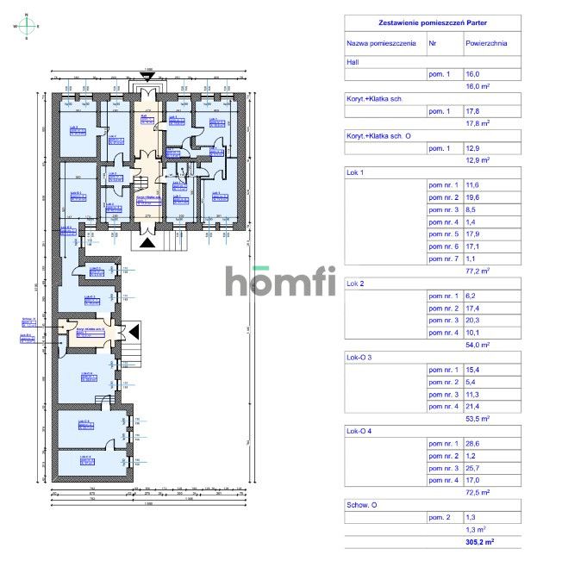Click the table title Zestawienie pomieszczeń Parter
click(432, 24)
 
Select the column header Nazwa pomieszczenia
click(381, 41)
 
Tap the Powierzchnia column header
click(486, 41)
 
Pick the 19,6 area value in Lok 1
click(472, 196)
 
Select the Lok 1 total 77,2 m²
click(477, 270)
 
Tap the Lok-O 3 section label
click(359, 356)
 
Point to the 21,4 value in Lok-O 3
click(472, 404)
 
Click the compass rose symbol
click(26, 27)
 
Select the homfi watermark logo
click(281, 281)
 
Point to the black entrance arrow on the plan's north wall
click(147, 77)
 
